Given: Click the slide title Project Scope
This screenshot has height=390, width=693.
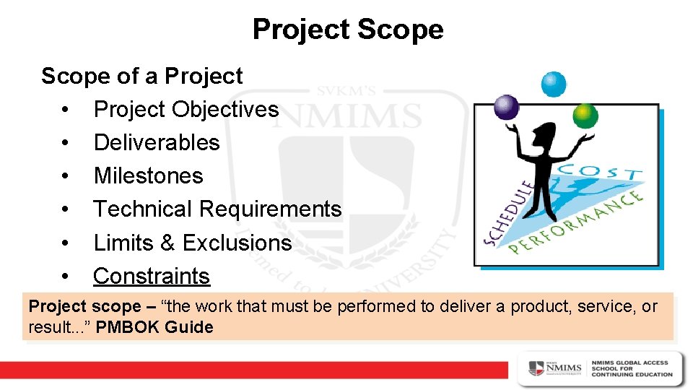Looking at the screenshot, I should [347, 30].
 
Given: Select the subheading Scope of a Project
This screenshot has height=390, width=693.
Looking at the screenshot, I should [141, 76].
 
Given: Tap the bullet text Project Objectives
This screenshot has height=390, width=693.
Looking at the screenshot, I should [186, 109].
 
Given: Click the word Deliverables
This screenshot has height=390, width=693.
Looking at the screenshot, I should [156, 142].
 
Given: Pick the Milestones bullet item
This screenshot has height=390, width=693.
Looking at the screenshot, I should [148, 175].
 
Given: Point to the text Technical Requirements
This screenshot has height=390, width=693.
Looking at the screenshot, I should [217, 209].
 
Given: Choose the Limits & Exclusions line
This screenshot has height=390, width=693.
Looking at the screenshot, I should [192, 243].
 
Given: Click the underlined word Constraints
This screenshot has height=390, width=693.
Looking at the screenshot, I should [151, 276].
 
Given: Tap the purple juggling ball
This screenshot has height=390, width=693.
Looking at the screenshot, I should [506, 108].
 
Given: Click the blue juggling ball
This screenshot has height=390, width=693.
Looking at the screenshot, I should [554, 84].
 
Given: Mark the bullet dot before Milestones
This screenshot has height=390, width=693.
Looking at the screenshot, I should [65, 176].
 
